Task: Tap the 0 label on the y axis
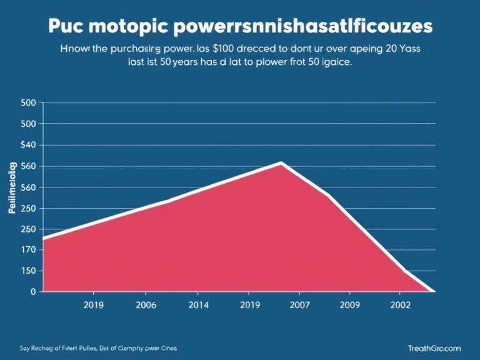[32, 292]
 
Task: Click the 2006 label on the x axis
[145, 306]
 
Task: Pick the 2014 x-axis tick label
[197, 306]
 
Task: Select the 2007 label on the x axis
[299, 306]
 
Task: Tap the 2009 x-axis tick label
[349, 306]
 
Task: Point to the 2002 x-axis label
[401, 306]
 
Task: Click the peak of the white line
[281, 163]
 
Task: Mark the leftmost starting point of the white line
[43, 238]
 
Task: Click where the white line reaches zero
[432, 291]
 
